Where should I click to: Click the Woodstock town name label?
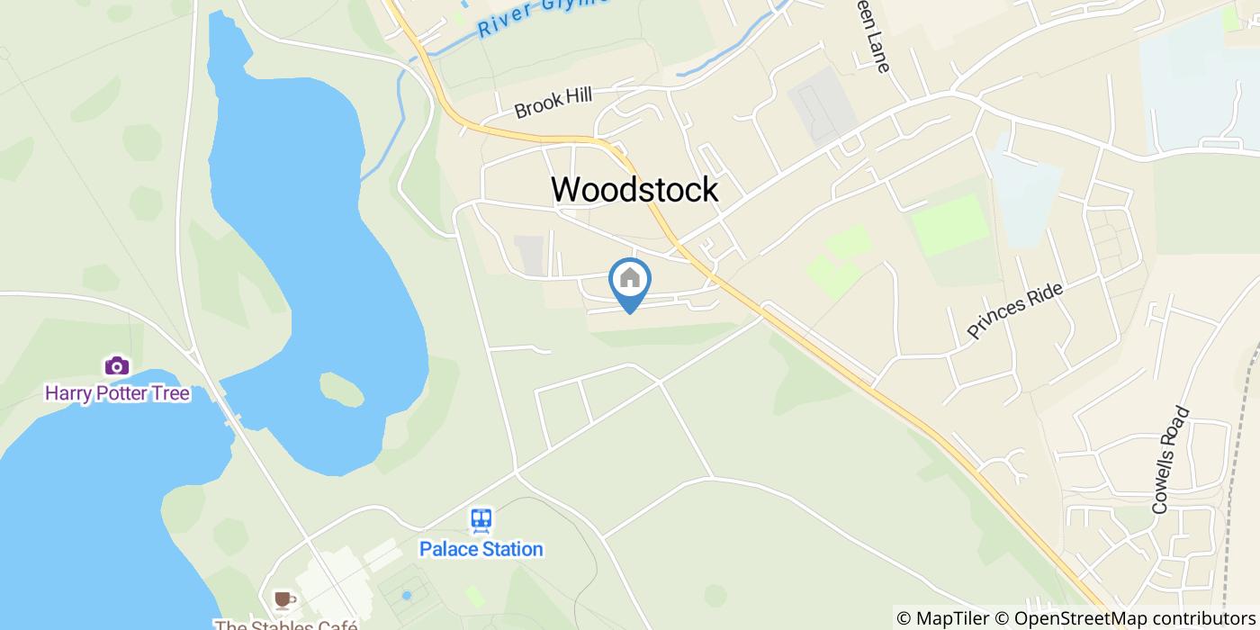click(x=634, y=189)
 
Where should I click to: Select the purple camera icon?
click(x=117, y=365)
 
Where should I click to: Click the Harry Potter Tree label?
click(x=117, y=393)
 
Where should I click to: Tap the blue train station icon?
click(x=481, y=520)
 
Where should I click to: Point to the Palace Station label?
click(x=481, y=548)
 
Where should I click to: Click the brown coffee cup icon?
click(x=283, y=599)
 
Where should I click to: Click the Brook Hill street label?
click(x=553, y=103)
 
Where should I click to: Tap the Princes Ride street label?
click(x=1015, y=311)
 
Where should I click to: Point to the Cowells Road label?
click(x=1171, y=461)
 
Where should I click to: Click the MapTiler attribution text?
click(x=940, y=618)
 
